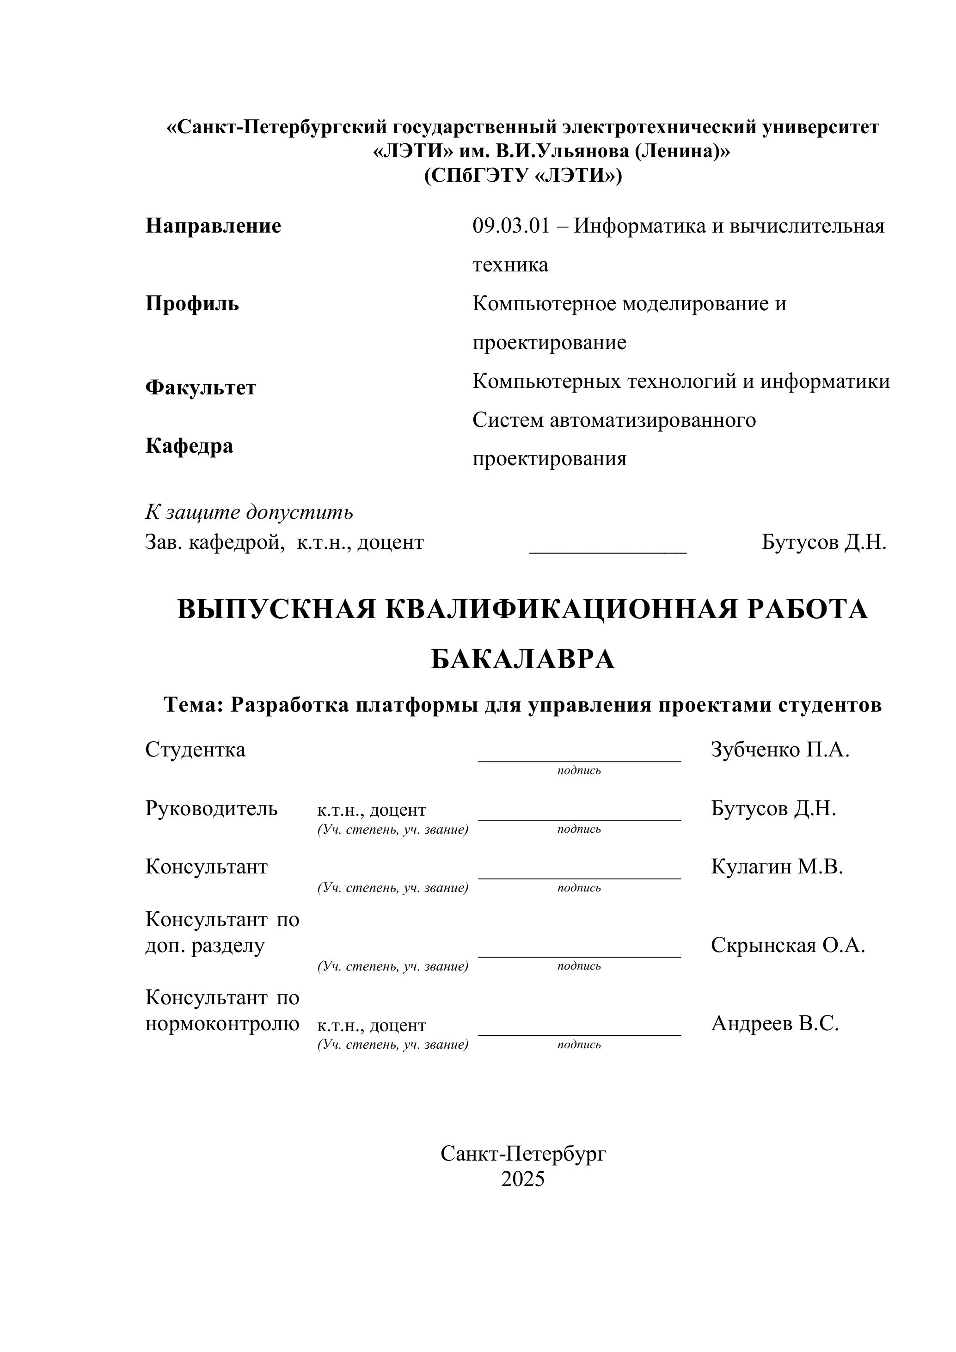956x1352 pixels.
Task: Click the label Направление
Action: pyautogui.click(x=213, y=226)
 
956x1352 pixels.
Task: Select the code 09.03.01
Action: pyautogui.click(x=510, y=226)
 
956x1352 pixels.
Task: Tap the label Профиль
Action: pyautogui.click(x=192, y=304)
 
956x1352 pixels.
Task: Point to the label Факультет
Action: pyautogui.click(x=201, y=388)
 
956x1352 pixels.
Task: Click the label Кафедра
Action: pyautogui.click(x=189, y=446)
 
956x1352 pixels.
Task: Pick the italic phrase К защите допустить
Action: pyautogui.click(x=249, y=512)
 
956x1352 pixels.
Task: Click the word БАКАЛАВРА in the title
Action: pyautogui.click(x=523, y=659)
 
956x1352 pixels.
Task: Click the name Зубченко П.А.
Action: pyautogui.click(x=780, y=750)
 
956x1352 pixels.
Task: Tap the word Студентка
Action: pyautogui.click(x=196, y=750)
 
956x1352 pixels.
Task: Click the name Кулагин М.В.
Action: pyautogui.click(x=777, y=867)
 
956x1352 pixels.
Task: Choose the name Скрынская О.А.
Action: pyautogui.click(x=788, y=945)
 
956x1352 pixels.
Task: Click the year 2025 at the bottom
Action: pyautogui.click(x=523, y=1179)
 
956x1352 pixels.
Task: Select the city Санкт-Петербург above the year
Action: pyautogui.click(x=523, y=1154)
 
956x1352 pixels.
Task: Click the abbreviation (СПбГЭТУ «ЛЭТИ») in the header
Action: pyautogui.click(x=523, y=176)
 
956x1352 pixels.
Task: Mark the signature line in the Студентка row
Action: pyautogui.click(x=579, y=760)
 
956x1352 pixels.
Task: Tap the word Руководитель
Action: pyautogui.click(x=211, y=809)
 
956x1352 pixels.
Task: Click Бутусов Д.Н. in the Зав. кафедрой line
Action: pyautogui.click(x=823, y=542)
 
